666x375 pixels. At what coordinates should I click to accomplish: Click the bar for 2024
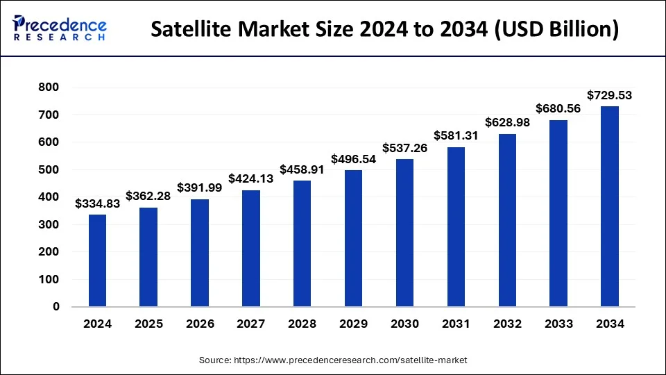[x=97, y=260]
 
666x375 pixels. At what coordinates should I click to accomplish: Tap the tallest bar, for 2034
[x=609, y=206]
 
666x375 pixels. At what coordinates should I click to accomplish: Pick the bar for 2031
[x=455, y=226]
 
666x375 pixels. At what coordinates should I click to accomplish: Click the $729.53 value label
[x=609, y=95]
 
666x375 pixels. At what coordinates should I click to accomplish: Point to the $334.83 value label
[x=97, y=203]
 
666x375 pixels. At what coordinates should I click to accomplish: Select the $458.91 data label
[x=302, y=169]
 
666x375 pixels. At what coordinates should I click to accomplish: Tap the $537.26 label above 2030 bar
[x=404, y=148]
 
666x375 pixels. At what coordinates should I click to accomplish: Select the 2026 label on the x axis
[x=200, y=324]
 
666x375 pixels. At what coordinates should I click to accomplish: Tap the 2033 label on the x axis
[x=558, y=324]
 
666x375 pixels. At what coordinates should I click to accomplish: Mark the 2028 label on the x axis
[x=302, y=324]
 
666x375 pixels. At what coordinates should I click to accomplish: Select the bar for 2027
[x=250, y=249]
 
